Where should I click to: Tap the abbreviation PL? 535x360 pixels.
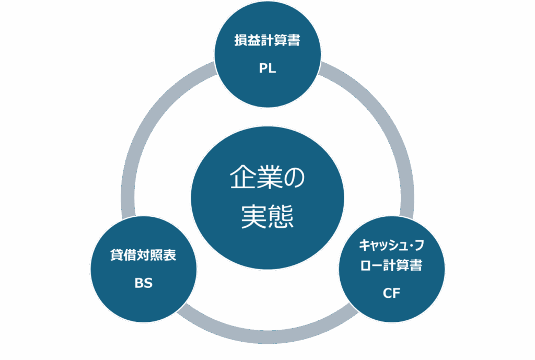click(x=267, y=68)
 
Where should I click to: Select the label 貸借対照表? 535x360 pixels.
click(x=143, y=257)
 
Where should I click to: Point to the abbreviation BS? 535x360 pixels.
click(x=143, y=284)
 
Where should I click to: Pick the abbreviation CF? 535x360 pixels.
click(x=391, y=293)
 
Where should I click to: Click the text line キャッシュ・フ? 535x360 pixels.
click(x=391, y=245)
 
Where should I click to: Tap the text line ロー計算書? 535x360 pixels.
click(x=391, y=265)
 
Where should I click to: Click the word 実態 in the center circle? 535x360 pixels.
click(x=267, y=215)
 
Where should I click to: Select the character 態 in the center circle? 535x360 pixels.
click(x=281, y=215)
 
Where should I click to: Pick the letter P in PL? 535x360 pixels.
click(x=263, y=68)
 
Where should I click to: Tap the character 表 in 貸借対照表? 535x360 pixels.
click(x=170, y=257)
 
